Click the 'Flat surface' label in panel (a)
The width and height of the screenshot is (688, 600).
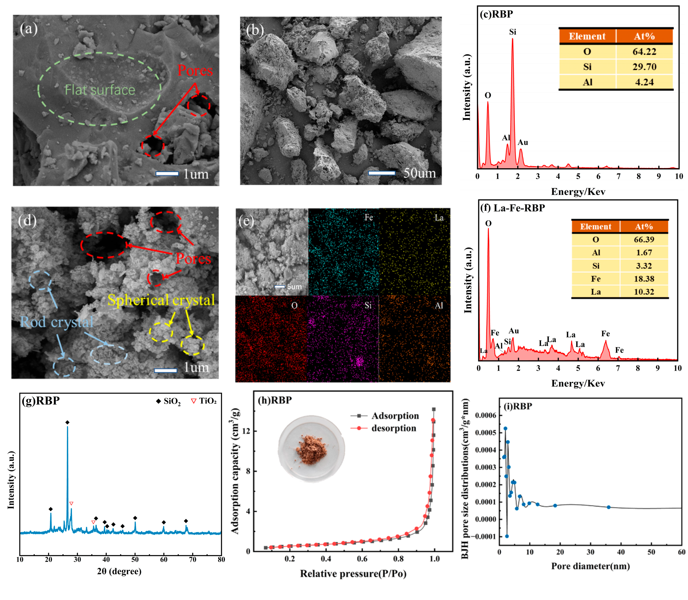[x=100, y=90]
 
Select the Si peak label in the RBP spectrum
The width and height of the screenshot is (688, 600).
[x=512, y=32]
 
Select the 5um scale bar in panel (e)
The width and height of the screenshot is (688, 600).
[x=280, y=287]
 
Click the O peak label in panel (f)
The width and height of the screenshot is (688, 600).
[x=488, y=223]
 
